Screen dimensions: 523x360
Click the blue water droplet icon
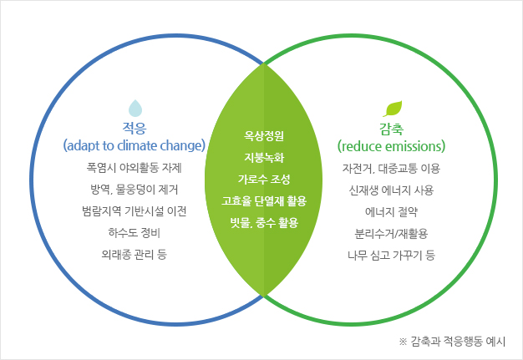[x=135, y=108]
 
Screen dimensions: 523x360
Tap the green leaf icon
[x=393, y=109]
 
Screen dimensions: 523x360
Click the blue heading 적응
[x=134, y=128]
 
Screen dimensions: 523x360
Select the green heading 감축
[x=391, y=129]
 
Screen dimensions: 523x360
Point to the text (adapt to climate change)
[x=134, y=145]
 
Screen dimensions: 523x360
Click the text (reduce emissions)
[x=391, y=146]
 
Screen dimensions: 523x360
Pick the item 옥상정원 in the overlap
[x=264, y=135]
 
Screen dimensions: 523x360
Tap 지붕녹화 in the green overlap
[x=264, y=157]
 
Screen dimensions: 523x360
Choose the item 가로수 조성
[x=264, y=179]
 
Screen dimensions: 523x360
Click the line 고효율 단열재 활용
[x=264, y=200]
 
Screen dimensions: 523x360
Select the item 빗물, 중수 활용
[x=264, y=223]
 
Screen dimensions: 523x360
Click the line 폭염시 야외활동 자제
[x=134, y=168]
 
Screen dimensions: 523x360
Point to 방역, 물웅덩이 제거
[x=134, y=190]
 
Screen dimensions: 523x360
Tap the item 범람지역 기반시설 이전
[x=134, y=211]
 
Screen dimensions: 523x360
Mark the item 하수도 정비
[x=134, y=233]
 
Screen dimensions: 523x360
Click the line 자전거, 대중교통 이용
[x=391, y=169]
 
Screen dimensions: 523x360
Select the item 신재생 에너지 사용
[x=391, y=190]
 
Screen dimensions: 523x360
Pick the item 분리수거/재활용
[x=391, y=233]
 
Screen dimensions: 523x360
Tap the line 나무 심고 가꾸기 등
[x=391, y=256]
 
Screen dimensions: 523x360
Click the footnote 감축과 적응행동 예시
[x=458, y=342]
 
